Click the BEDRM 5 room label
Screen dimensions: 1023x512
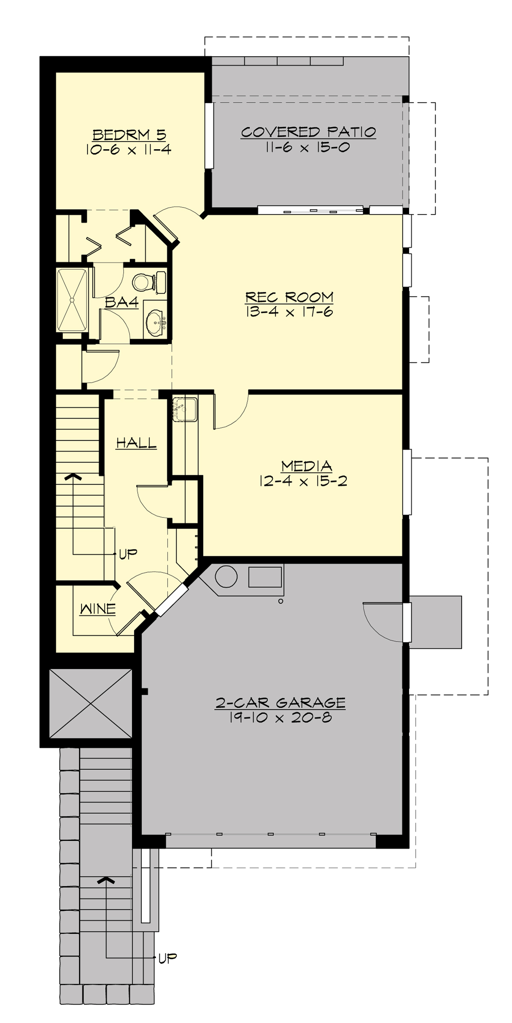[x=129, y=135]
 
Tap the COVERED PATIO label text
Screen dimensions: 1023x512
[x=308, y=132]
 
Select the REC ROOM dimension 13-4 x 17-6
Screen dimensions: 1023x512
[x=289, y=312]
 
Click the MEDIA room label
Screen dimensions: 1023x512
[x=306, y=466]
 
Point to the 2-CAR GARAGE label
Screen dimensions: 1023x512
[x=280, y=703]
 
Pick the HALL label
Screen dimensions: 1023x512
[x=137, y=443]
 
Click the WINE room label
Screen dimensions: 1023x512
[x=98, y=609]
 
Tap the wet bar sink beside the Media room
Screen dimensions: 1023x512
[x=185, y=409]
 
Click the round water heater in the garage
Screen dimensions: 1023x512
[x=226, y=577]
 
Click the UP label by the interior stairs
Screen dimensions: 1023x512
[x=128, y=554]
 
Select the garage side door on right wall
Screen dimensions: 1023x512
[x=407, y=622]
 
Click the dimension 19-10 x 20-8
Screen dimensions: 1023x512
[x=280, y=718]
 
